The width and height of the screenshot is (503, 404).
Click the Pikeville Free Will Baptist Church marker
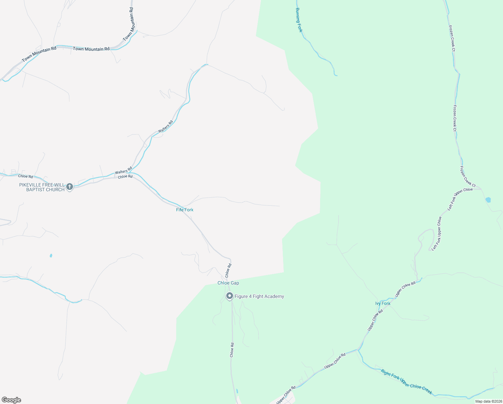(70, 187)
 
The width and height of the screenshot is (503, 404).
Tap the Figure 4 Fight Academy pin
(230, 296)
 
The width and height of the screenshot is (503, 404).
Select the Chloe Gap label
(228, 283)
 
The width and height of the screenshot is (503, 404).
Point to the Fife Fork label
(185, 210)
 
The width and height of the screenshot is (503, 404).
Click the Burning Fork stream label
(299, 20)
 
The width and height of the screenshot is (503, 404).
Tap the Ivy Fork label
(383, 304)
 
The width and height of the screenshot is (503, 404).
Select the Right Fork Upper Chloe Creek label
(406, 381)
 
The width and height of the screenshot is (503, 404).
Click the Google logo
(11, 400)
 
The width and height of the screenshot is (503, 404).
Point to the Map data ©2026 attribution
(488, 401)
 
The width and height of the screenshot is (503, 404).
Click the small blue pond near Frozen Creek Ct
(488, 200)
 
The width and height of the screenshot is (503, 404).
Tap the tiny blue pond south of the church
(51, 256)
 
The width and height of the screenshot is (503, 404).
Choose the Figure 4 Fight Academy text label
(259, 297)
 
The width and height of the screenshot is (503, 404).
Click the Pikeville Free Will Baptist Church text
(42, 188)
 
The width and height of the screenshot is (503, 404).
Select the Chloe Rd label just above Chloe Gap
(229, 270)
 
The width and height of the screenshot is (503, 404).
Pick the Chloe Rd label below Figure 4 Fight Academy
(232, 350)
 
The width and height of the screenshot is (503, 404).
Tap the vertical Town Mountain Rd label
(129, 24)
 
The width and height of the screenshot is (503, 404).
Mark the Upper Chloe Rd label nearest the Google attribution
(286, 395)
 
